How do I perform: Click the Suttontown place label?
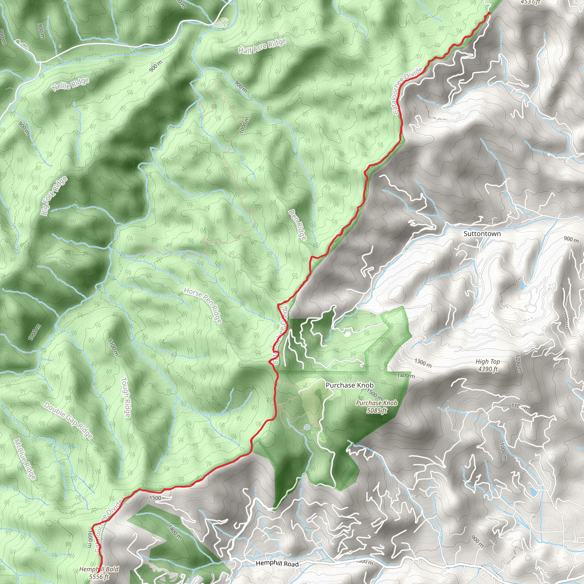(482, 234)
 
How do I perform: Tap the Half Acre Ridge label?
(262, 46)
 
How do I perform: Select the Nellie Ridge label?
(70, 84)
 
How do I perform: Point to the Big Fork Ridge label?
(54, 196)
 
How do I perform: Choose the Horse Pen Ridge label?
(203, 305)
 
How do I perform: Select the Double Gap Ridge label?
(68, 420)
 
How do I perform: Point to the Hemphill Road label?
(277, 564)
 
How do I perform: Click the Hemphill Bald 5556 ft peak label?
(99, 573)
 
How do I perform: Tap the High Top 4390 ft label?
(488, 365)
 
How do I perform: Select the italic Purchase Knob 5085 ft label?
(376, 406)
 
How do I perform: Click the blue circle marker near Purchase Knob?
(307, 427)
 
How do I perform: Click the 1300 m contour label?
(423, 363)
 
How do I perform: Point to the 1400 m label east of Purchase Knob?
(406, 376)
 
